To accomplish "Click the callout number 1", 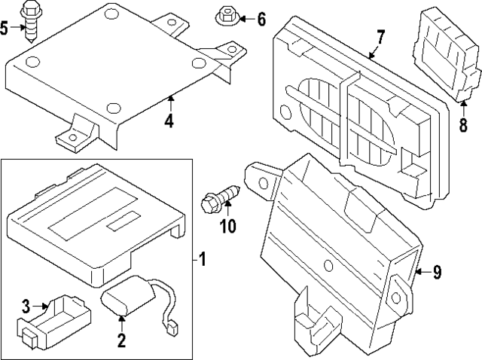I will (x=203, y=261).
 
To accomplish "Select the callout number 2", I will (x=120, y=340).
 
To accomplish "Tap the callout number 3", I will (x=26, y=306).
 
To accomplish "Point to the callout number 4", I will (x=169, y=120).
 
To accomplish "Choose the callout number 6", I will (x=261, y=19).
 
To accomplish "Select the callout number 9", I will (x=437, y=273).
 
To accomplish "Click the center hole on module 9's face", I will (x=328, y=265).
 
